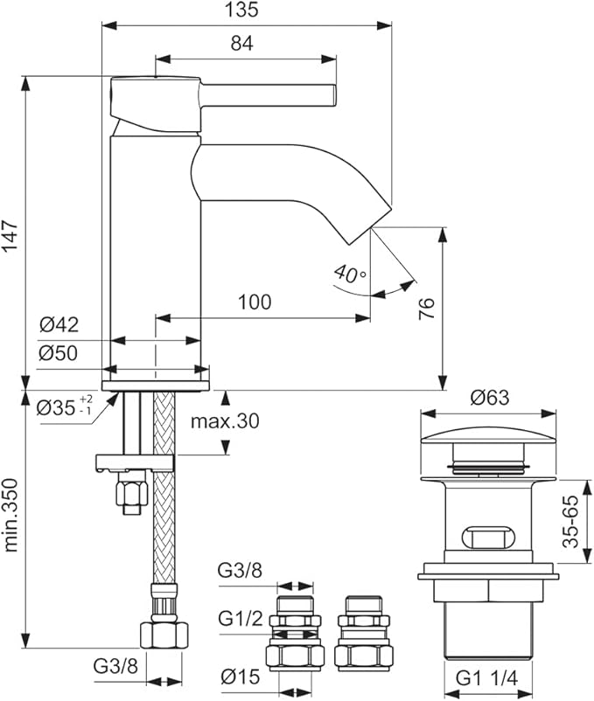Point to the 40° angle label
(350, 274)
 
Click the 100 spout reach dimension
(254, 302)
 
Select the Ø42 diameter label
(59, 325)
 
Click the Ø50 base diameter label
(59, 353)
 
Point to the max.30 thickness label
(225, 421)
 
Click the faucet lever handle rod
(271, 93)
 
